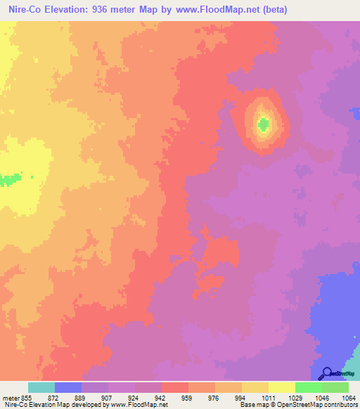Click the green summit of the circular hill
tap(264, 125)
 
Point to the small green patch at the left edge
tap(8, 180)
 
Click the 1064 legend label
tap(348, 398)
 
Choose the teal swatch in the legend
tap(41, 387)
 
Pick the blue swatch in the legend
tap(68, 387)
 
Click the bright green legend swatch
tap(309, 387)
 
